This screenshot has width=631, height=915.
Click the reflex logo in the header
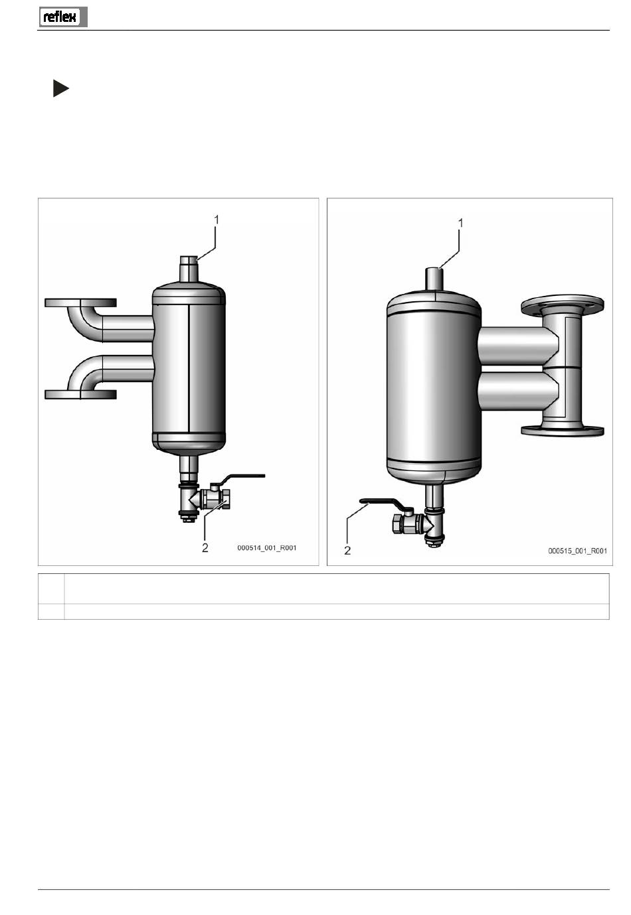[x=62, y=17]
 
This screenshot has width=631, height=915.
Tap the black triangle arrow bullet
[x=60, y=88]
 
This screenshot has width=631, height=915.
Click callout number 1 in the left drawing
[x=217, y=220]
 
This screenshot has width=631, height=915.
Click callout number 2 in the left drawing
[x=205, y=547]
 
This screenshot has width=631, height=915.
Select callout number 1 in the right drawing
[x=461, y=223]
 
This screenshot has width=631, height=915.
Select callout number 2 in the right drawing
[x=347, y=551]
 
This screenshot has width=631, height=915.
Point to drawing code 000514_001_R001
[x=266, y=548]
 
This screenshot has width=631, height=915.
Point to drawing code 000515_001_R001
[x=577, y=551]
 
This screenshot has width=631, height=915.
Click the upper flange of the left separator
[x=80, y=303]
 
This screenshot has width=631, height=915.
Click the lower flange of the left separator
[x=80, y=395]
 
